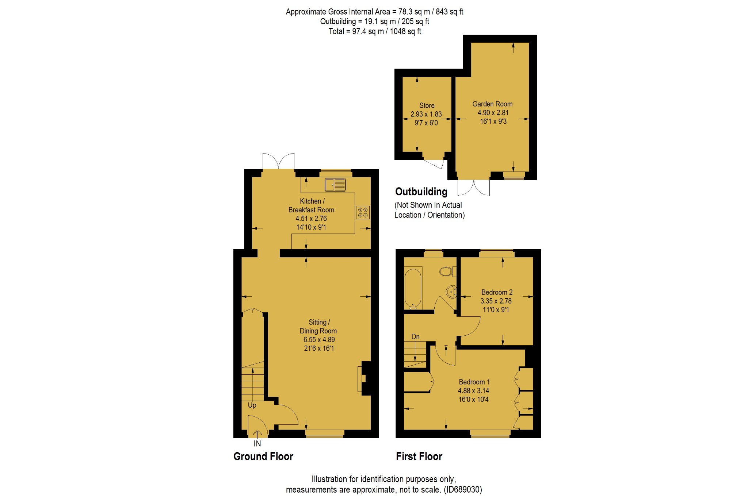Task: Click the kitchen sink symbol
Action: (x=335, y=185)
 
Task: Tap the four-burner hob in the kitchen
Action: (x=363, y=212)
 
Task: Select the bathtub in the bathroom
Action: (x=413, y=288)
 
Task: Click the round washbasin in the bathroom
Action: (x=451, y=292)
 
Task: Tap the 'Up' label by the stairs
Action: (x=252, y=405)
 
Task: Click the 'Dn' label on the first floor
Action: (x=416, y=336)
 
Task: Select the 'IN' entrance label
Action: (x=257, y=443)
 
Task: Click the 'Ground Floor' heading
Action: (x=263, y=456)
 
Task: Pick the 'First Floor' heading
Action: (x=419, y=456)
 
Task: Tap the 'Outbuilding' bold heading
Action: (x=421, y=192)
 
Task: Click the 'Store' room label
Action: (x=427, y=105)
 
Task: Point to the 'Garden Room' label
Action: (x=492, y=104)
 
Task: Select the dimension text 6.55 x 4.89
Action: (x=319, y=339)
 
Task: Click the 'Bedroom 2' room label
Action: (x=497, y=292)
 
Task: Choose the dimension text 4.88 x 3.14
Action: (x=473, y=390)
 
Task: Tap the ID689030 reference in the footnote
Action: (x=463, y=489)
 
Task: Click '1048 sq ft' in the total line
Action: (x=405, y=31)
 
